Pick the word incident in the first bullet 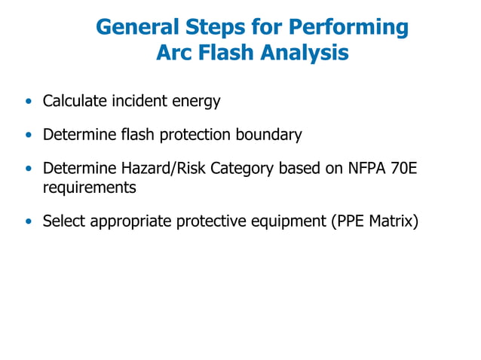140,100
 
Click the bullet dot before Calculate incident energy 29,101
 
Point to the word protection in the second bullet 192,136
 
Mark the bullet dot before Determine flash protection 29,136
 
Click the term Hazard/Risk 160,170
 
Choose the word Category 242,170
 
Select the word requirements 89,188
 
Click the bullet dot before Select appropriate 29,223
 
